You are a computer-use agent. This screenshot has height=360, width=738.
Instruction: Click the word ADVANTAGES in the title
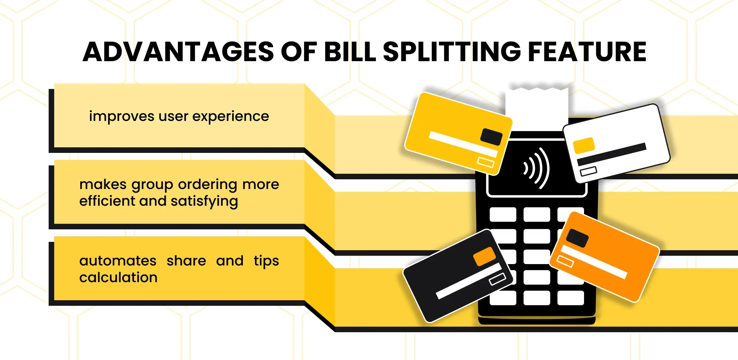[x=178, y=52]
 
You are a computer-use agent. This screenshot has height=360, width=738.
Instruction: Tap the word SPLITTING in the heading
[x=452, y=52]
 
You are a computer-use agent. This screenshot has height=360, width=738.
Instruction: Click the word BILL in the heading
[x=350, y=52]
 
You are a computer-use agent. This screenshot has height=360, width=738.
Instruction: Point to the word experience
[x=231, y=117]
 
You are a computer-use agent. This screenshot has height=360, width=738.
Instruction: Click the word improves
[x=122, y=117]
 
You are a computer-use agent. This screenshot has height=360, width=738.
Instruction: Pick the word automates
[x=118, y=261]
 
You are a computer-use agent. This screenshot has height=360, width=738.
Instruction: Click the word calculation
[x=118, y=277]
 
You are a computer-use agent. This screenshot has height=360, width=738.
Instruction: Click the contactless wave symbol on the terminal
[x=537, y=168]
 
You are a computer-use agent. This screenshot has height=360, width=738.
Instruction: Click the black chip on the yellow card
[x=491, y=137]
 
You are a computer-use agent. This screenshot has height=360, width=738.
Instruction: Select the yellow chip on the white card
[x=584, y=146]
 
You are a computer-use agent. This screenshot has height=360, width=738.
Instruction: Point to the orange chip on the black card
[x=485, y=256]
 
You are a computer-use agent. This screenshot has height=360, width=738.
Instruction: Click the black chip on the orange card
[x=577, y=238]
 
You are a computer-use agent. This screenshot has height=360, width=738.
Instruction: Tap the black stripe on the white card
[x=612, y=154]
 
